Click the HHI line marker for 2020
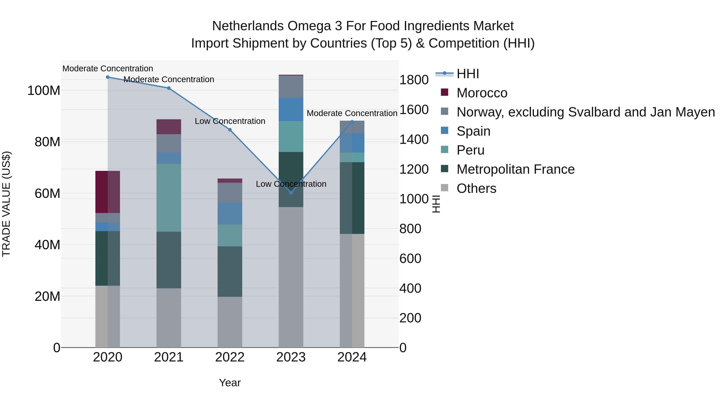pyautogui.click(x=108, y=77)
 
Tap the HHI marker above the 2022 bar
pyautogui.click(x=230, y=130)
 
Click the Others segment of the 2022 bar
pyautogui.click(x=230, y=322)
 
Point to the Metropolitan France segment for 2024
pyautogui.click(x=352, y=198)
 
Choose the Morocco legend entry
pyautogui.click(x=482, y=93)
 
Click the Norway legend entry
pyautogui.click(x=586, y=112)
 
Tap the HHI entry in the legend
pyautogui.click(x=468, y=74)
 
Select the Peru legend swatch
pyautogui.click(x=444, y=150)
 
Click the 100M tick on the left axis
pyautogui.click(x=44, y=91)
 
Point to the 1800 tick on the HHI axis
pyautogui.click(x=414, y=80)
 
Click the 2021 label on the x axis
pyautogui.click(x=169, y=357)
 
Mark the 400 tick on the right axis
pyautogui.click(x=410, y=288)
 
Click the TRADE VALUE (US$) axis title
pyautogui.click(x=6, y=204)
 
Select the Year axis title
pyautogui.click(x=230, y=383)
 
